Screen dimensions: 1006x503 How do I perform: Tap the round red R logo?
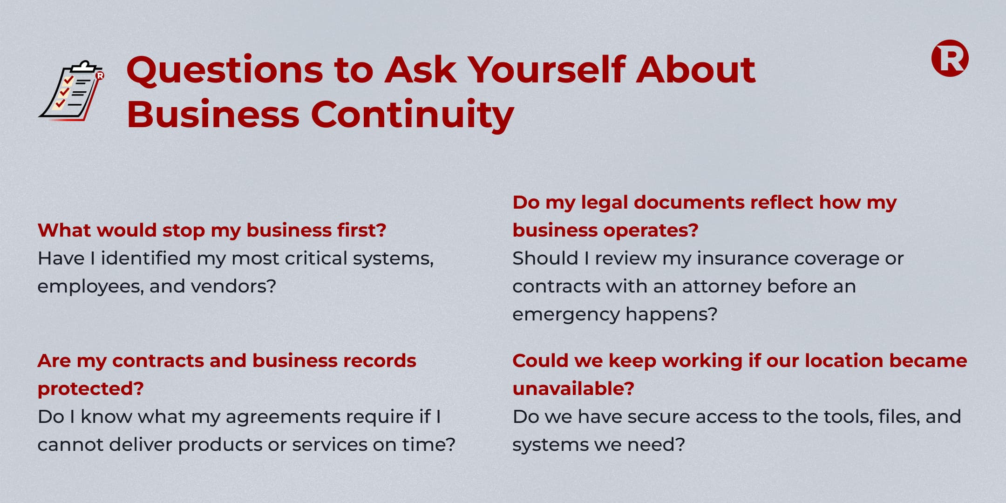click(x=950, y=58)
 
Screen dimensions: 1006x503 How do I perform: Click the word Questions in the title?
click(x=224, y=71)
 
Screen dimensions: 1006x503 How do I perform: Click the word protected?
click(x=91, y=389)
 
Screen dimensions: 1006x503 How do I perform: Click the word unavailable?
click(x=573, y=388)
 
